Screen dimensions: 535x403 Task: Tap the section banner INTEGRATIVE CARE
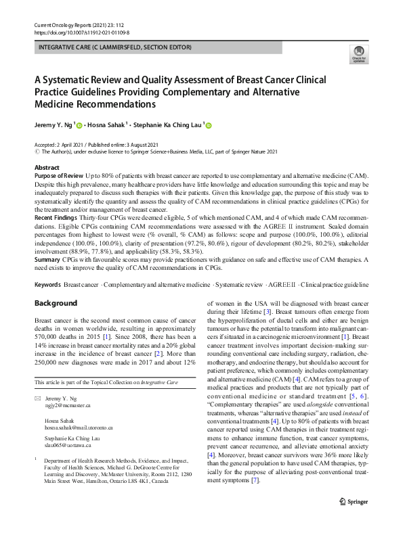(x=116, y=47)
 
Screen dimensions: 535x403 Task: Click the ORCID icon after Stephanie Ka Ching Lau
(x=208, y=125)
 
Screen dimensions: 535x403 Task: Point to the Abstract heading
(x=47, y=167)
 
